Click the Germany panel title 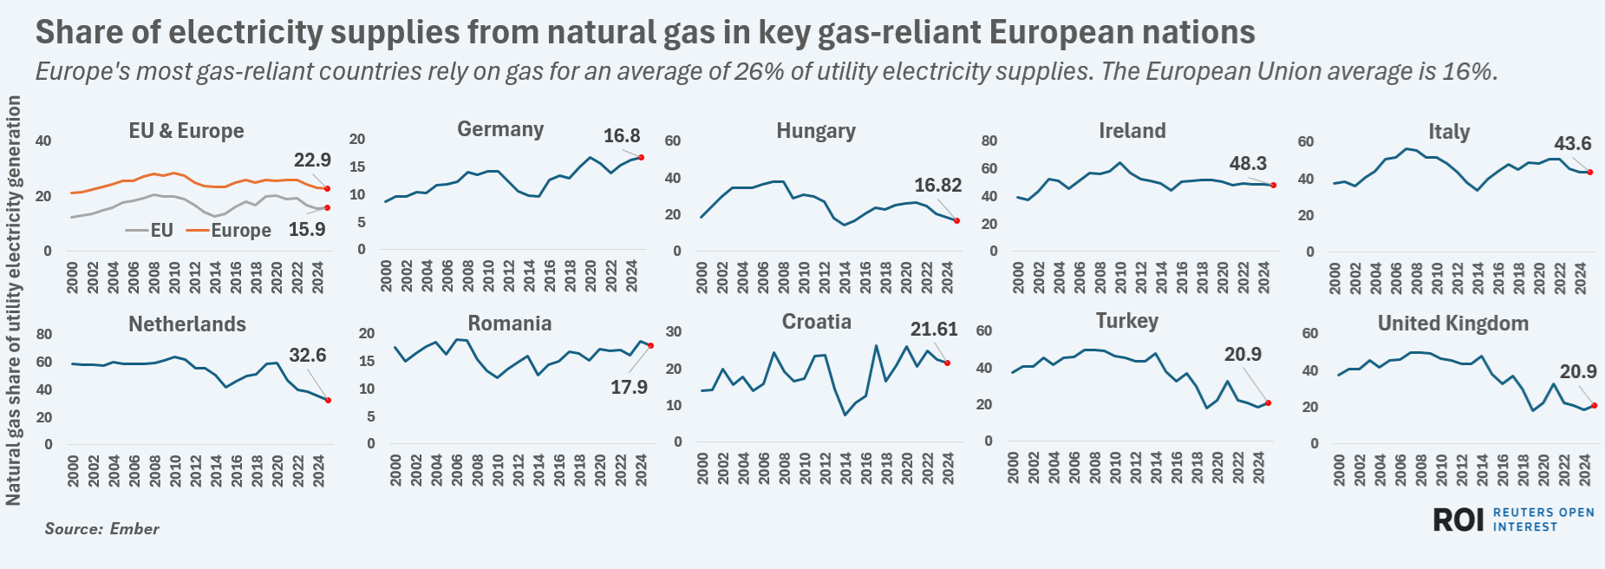pos(500,129)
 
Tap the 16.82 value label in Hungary pos(937,185)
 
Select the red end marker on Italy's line pos(1589,172)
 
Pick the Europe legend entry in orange pos(230,230)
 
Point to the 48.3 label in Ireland pos(1248,163)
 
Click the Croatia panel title pos(817,322)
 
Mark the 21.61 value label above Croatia pos(934,329)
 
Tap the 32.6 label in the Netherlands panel pos(308,355)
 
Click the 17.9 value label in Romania pos(629,387)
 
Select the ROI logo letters pos(1458,520)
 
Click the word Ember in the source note pos(134,528)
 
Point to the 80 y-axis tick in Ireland pos(988,141)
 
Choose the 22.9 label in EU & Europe pos(312,160)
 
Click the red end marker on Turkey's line pos(1268,402)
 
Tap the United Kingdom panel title pos(1453,324)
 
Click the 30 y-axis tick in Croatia pos(673,331)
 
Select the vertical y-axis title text pos(13,300)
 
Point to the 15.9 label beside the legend pos(307,229)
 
